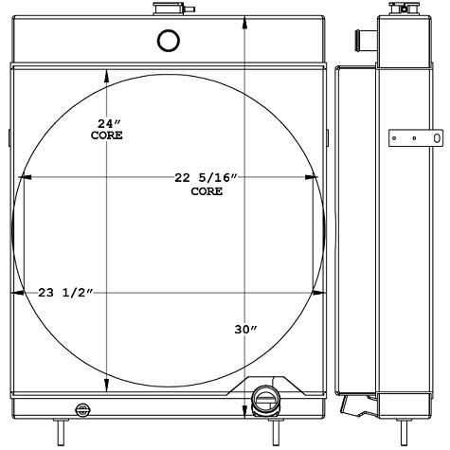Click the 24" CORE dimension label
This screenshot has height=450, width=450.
(x=106, y=130)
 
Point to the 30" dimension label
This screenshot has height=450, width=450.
(x=245, y=330)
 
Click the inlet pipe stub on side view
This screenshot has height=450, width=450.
(x=361, y=40)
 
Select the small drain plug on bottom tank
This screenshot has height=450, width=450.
(x=83, y=409)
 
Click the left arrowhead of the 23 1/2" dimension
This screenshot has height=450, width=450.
(x=16, y=293)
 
